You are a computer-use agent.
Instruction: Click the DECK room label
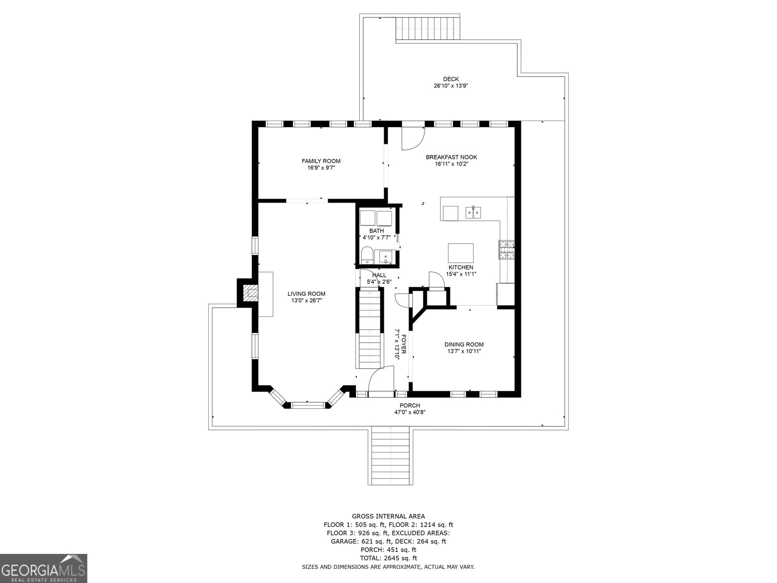pos(450,79)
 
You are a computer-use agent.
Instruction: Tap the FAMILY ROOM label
pos(321,161)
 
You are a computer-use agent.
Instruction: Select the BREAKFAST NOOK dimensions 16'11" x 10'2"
pos(451,164)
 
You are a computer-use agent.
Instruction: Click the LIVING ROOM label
pos(306,293)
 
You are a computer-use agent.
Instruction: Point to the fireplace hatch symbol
pos(251,292)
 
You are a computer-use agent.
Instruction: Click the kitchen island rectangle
pos(460,253)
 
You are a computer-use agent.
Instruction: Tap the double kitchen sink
pos(473,212)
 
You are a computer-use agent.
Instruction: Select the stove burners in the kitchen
pos(506,249)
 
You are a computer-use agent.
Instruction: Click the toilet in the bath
pos(367,255)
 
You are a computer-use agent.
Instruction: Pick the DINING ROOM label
pos(464,344)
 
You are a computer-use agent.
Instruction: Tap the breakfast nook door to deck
pos(413,137)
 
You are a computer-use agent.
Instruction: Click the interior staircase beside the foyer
pos(369,335)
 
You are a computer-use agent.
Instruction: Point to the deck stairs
pos(427,28)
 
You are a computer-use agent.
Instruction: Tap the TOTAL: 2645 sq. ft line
pos(388,558)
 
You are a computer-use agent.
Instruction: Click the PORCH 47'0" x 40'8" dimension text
pos(410,412)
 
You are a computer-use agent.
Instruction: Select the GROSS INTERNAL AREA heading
pos(388,516)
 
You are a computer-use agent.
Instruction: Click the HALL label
pos(379,275)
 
